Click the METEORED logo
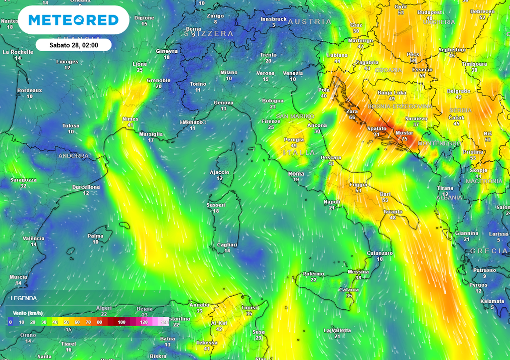point(73,20)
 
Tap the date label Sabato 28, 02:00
point(73,45)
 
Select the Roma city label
point(296,174)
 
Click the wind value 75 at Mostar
point(404,139)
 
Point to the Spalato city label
point(377,128)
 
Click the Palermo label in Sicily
point(313,274)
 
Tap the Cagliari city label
point(227,244)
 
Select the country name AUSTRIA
point(309,22)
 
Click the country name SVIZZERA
point(213,33)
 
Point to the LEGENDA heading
point(23,298)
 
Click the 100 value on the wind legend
point(122,323)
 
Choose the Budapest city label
point(429,12)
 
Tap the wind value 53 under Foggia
point(358,190)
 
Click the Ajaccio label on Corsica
point(220,172)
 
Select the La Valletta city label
point(337,330)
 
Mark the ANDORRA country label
point(73,156)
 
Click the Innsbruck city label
point(273,19)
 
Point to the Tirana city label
point(445,188)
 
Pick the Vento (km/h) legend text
point(27,313)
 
